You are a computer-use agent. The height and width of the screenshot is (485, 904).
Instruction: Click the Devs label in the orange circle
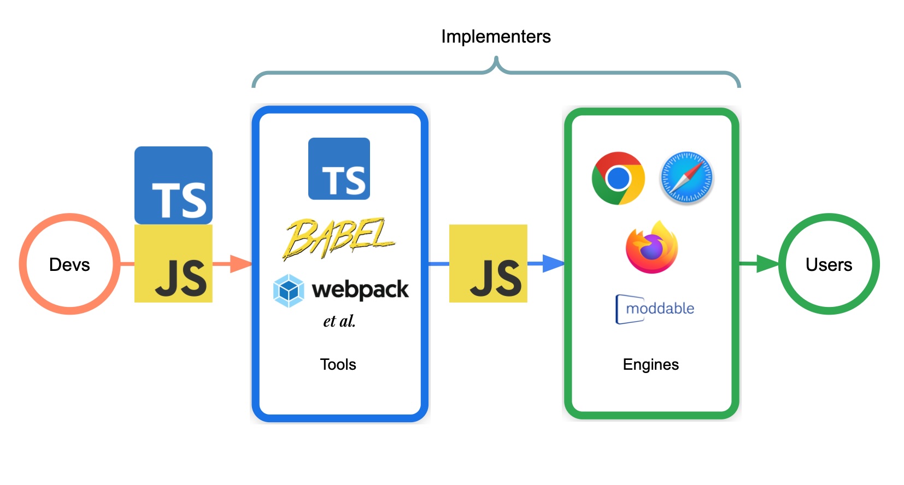pos(69,264)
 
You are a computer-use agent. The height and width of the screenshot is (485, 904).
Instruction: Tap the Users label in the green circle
pos(829,264)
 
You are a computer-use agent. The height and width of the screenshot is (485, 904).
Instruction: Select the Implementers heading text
pos(496,37)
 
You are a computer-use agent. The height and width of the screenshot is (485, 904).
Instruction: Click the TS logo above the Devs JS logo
pos(173,185)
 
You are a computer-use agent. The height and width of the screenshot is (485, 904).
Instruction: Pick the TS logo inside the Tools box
pos(339,169)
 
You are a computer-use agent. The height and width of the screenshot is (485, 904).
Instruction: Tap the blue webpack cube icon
pos(289,291)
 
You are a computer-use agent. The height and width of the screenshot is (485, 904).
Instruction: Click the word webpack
pos(360,289)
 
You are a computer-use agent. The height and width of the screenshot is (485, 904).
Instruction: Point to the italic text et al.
pos(339,321)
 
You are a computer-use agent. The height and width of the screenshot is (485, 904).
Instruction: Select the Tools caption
pos(338,364)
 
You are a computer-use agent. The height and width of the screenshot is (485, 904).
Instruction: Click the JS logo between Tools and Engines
pos(488,263)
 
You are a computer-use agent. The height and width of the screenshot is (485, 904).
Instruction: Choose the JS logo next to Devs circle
pos(173,263)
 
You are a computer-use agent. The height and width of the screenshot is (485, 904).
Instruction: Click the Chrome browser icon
pos(618,178)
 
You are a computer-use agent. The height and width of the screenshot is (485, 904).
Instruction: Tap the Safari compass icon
pos(686,178)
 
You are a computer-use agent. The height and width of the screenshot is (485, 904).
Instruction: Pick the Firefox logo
pos(651,248)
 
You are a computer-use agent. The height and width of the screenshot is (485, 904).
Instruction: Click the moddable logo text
pos(659,309)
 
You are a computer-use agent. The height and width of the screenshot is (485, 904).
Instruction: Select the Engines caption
pos(650,364)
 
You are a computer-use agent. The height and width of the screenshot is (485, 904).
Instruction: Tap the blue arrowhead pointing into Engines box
pos(553,264)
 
